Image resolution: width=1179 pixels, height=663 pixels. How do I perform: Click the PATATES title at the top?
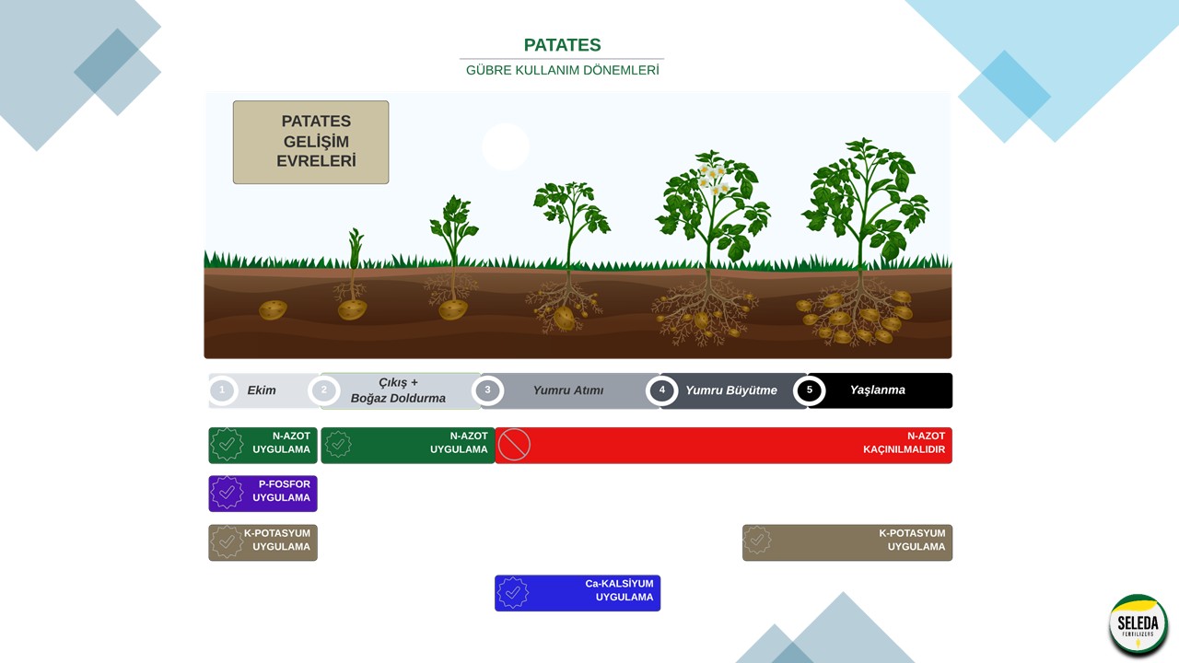tap(562, 45)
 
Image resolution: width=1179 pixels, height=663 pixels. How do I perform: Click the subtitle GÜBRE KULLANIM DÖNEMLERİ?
tap(562, 70)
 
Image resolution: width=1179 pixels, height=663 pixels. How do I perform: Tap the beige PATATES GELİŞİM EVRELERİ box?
tap(310, 143)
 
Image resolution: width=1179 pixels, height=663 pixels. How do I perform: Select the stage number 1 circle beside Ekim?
tap(222, 390)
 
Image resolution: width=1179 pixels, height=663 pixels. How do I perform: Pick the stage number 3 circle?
tap(487, 390)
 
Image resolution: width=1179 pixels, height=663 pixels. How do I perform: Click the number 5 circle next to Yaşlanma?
tap(810, 390)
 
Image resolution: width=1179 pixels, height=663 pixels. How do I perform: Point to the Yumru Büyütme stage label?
tap(730, 390)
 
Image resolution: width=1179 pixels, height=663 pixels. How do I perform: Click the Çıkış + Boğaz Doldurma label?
tap(398, 390)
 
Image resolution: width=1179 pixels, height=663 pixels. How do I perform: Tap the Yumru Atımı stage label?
tap(567, 390)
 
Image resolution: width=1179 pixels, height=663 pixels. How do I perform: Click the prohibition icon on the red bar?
tap(514, 446)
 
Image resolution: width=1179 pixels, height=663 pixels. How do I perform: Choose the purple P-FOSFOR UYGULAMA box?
tap(263, 494)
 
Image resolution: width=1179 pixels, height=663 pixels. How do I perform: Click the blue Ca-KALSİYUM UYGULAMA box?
tap(578, 593)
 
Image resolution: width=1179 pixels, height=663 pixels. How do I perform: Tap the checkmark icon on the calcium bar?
tap(512, 593)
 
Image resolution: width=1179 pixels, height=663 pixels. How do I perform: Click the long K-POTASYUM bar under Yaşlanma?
tap(847, 542)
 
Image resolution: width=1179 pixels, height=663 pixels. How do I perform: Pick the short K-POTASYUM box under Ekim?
tap(263, 542)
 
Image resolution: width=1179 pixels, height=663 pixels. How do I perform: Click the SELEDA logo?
tap(1138, 625)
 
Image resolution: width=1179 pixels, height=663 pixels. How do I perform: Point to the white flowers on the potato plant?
tap(712, 179)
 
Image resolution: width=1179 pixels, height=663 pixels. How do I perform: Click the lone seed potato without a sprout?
tap(273, 310)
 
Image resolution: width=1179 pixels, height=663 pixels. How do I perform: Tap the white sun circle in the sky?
tap(506, 146)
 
